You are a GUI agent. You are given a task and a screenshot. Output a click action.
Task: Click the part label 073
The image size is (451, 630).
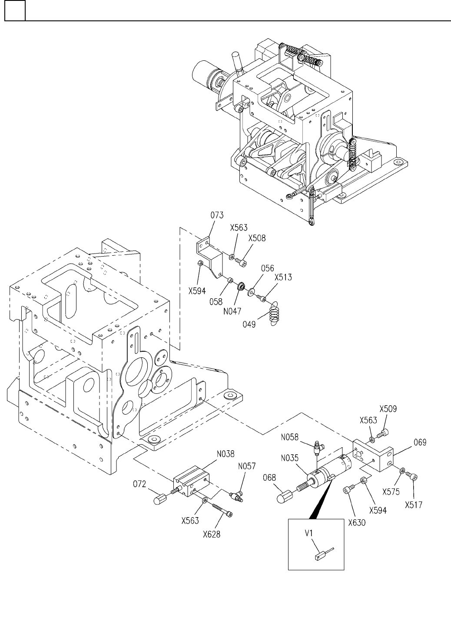(217, 215)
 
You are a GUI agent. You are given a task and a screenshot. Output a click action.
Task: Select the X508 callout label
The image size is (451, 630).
(257, 238)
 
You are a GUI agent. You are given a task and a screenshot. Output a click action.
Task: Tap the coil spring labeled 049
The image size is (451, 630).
(274, 313)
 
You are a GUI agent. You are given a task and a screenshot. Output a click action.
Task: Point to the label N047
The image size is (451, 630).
(232, 311)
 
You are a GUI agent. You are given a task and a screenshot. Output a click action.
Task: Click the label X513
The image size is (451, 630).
(283, 277)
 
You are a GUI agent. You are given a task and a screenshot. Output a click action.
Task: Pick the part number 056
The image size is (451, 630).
(268, 268)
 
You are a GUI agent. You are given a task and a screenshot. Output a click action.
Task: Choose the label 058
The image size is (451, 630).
(216, 302)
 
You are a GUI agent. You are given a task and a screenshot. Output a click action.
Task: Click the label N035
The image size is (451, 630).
(290, 458)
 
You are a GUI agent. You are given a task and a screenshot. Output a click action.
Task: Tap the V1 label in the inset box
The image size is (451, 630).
(309, 533)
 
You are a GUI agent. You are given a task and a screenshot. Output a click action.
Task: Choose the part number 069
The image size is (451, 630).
(420, 443)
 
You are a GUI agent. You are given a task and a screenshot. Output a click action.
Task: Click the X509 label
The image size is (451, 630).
(388, 409)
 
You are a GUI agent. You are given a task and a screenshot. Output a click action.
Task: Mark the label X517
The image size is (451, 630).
(414, 505)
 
